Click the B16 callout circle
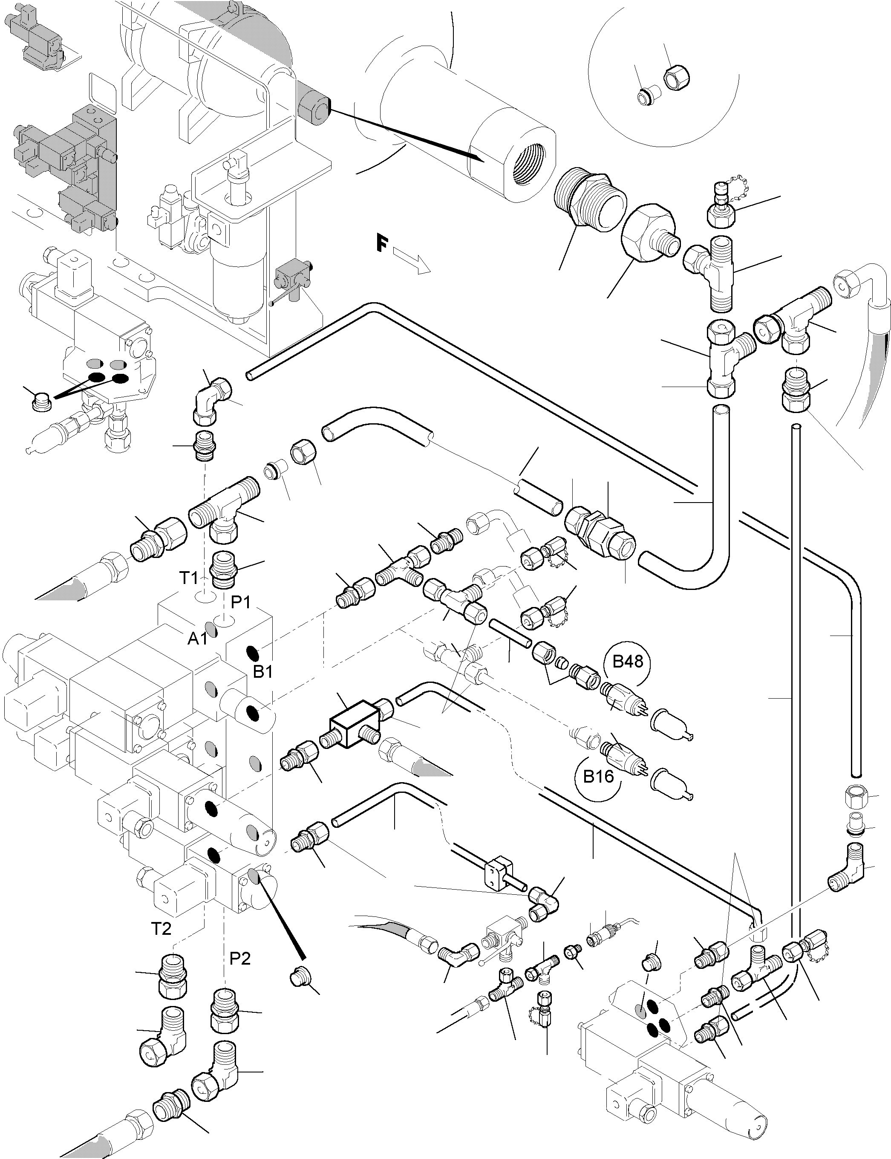[598, 777]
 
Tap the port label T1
[188, 578]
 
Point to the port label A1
[197, 639]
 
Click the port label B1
[262, 671]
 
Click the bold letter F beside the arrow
[381, 245]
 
